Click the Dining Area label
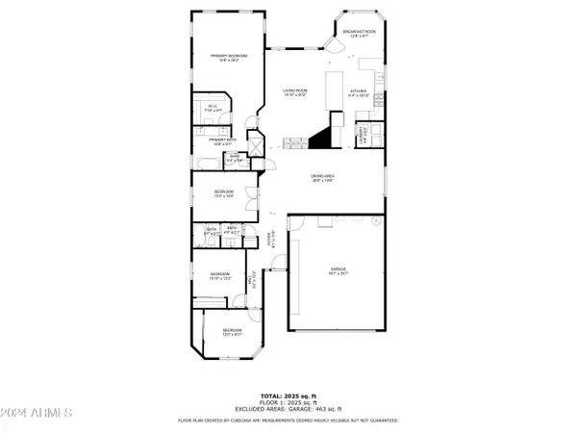click(x=321, y=178)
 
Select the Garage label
click(x=338, y=272)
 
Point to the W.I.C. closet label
click(x=213, y=107)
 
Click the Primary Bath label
click(x=223, y=141)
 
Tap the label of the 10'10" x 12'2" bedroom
click(x=220, y=276)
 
